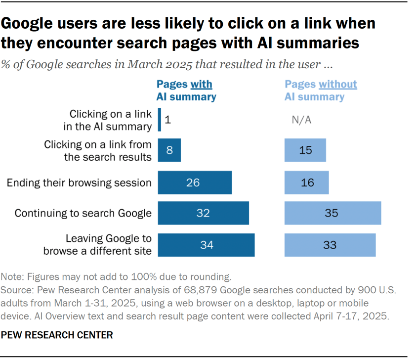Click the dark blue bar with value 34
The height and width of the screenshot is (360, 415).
206,245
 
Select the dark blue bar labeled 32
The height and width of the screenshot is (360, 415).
203,214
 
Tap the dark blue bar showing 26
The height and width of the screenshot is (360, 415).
195,182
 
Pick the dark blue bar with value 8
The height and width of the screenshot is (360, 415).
169,150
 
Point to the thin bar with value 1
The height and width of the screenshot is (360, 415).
160,120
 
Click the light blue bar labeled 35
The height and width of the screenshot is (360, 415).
332,214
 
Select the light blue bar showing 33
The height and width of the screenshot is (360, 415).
330,245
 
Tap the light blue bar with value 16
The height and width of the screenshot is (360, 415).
306,182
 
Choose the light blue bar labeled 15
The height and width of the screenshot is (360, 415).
305,150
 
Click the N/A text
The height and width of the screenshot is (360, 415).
302,120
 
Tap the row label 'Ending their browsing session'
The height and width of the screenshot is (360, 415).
79,183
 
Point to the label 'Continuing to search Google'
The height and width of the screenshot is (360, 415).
83,214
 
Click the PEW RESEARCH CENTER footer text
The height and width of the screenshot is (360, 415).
57,335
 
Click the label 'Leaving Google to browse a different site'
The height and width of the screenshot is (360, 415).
97,244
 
